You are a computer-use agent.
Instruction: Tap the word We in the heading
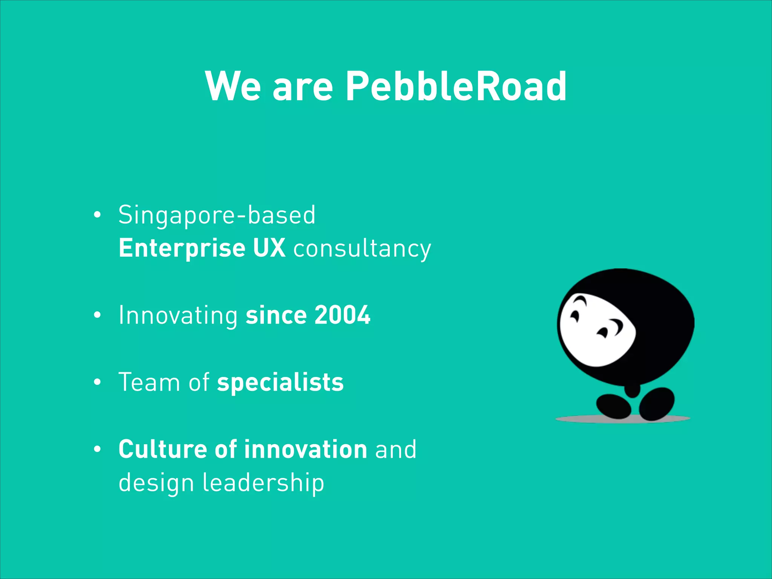(x=233, y=87)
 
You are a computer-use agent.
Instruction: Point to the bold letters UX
(x=269, y=248)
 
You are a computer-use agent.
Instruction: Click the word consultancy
(x=362, y=250)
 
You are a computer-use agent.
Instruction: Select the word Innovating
(x=178, y=316)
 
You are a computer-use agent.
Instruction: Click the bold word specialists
(x=280, y=383)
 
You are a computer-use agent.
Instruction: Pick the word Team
(x=149, y=383)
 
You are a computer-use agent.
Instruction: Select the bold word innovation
(x=305, y=449)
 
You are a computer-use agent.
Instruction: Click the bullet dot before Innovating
(x=97, y=316)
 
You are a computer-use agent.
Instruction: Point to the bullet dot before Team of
(x=97, y=383)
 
